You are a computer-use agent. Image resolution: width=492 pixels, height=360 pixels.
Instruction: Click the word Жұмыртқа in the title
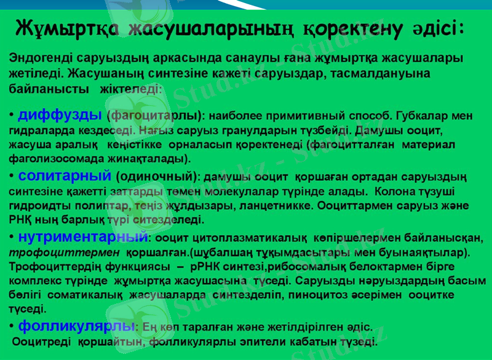click(68, 28)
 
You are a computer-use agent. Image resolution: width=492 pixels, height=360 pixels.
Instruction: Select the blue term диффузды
click(60, 114)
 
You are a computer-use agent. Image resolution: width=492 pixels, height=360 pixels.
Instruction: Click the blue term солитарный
click(64, 177)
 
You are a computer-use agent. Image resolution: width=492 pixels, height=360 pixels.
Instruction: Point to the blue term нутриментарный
click(83, 236)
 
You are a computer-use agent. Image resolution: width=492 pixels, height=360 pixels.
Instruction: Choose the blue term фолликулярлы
click(76, 325)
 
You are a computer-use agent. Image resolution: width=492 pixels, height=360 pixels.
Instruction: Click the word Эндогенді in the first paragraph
click(39, 59)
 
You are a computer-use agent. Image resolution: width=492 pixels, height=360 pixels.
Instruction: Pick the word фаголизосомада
click(52, 159)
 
